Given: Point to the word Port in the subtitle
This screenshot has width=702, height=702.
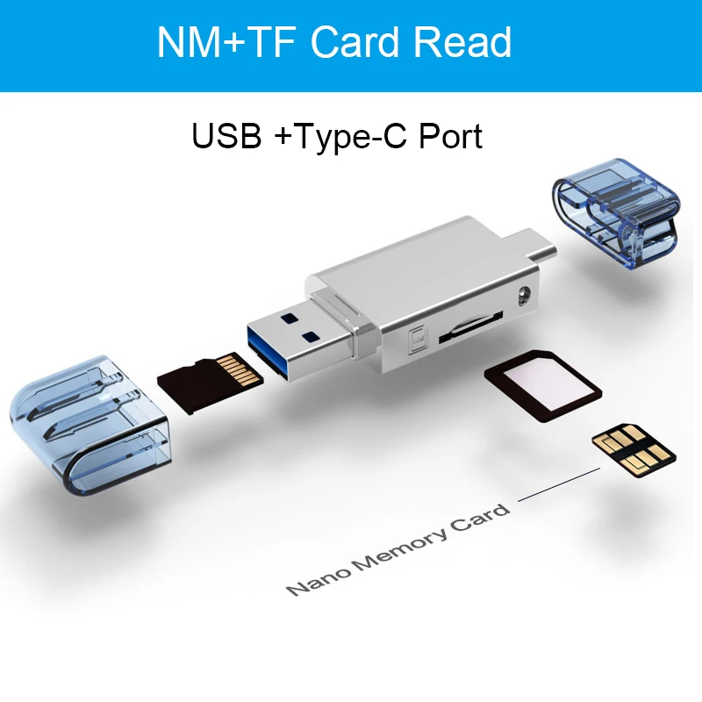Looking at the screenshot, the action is click(448, 136).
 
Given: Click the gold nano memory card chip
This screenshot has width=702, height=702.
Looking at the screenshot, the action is click(634, 448).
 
